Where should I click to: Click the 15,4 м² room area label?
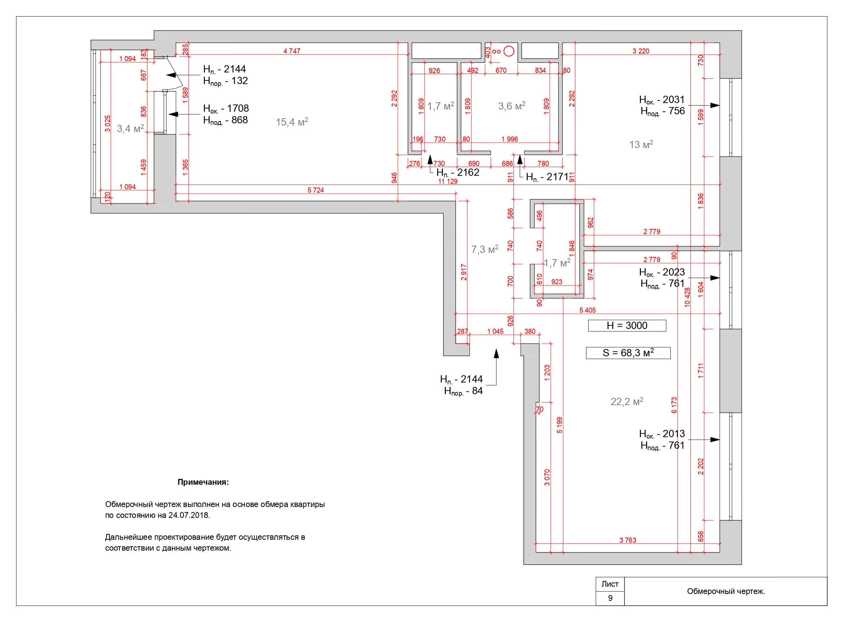(292, 121)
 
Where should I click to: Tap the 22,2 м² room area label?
(627, 402)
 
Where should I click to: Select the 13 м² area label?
(641, 144)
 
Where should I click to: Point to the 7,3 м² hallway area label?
(485, 249)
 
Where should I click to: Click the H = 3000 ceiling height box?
(627, 326)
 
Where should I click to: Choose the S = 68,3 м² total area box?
(628, 353)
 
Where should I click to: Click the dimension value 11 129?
(447, 182)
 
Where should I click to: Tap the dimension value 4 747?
(292, 51)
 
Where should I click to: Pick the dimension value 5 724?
(316, 190)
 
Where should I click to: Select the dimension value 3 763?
(627, 540)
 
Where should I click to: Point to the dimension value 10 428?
(687, 298)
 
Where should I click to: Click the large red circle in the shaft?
(509, 51)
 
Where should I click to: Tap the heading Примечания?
(203, 482)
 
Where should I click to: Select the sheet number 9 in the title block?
(610, 598)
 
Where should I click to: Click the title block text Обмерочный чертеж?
(726, 591)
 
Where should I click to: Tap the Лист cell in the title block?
(610, 584)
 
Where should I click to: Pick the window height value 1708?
(238, 108)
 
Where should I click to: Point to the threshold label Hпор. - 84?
(463, 391)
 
